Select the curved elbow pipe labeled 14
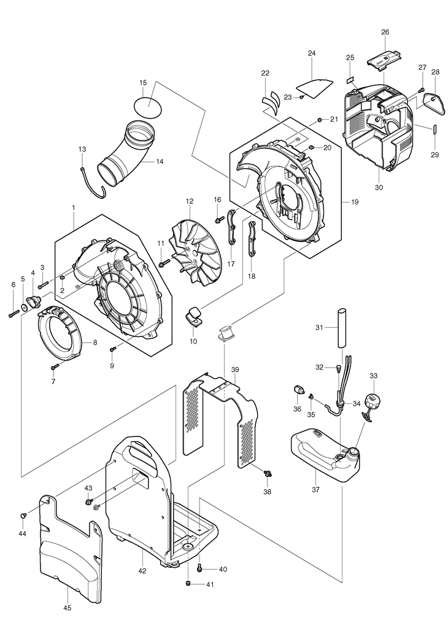point(126,155)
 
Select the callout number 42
point(142,571)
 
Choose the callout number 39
point(235,369)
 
